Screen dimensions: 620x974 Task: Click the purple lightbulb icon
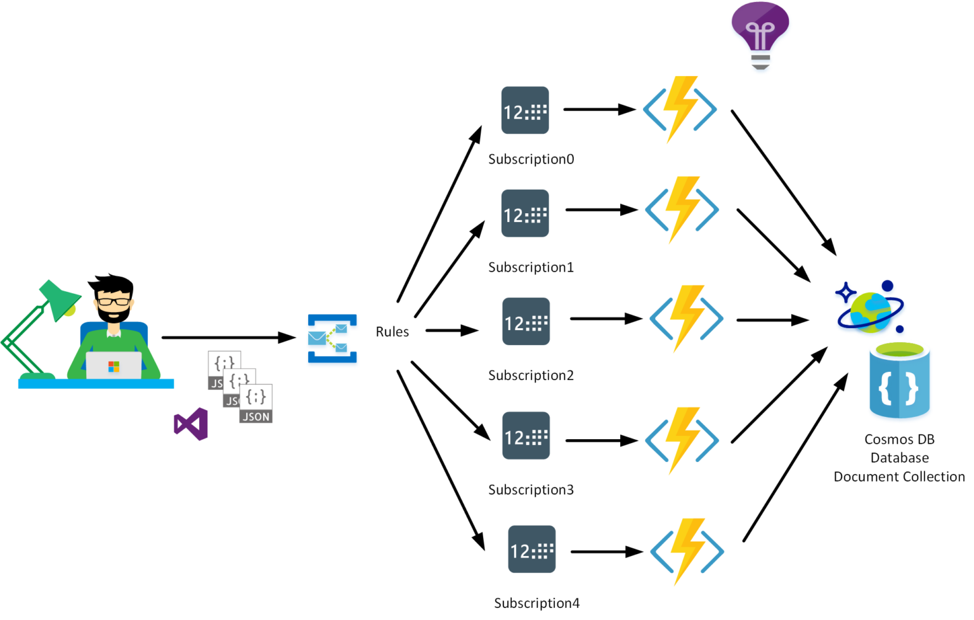[760, 34]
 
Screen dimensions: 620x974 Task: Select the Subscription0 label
[531, 159]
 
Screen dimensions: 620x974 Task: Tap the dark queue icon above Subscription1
[525, 214]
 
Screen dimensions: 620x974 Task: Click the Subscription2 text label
[531, 376]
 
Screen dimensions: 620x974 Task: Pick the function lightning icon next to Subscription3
[682, 440]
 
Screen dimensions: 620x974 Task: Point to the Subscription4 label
[536, 603]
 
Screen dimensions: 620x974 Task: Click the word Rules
[392, 332]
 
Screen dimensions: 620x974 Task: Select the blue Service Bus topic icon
[332, 338]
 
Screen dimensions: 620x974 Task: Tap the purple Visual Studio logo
[191, 424]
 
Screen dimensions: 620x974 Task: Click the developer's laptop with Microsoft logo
[114, 366]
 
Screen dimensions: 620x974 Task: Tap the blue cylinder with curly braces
[899, 381]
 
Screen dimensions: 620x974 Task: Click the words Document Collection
[899, 477]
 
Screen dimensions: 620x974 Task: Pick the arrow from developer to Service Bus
[228, 338]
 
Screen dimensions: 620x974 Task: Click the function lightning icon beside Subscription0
[680, 109]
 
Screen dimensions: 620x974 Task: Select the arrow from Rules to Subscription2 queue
[451, 330]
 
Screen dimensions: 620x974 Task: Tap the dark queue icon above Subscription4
[532, 550]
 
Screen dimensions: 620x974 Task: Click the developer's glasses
[114, 301]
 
